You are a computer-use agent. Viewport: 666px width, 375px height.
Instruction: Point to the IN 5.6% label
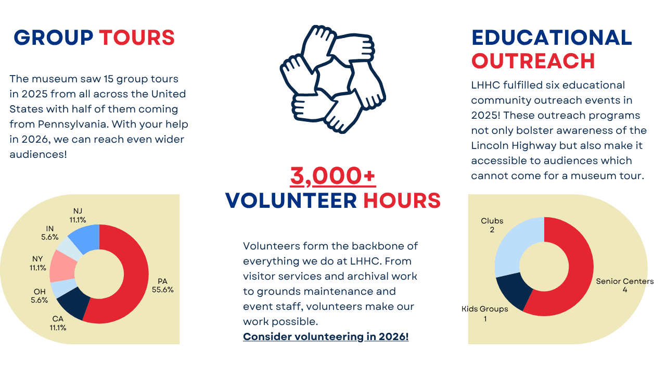pos(49,233)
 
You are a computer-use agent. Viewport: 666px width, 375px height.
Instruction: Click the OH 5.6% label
pos(39,295)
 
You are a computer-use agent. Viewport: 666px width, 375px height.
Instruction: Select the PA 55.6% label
pos(163,285)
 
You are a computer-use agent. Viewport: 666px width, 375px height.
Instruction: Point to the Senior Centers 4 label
pos(625,285)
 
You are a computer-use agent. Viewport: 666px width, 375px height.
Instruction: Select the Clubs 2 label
pos(492,225)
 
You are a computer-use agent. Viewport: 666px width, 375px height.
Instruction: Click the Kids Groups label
pos(484,309)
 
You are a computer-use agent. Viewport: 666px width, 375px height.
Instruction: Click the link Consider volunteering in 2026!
pos(326,336)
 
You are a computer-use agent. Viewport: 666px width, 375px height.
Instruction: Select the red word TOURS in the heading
pos(137,38)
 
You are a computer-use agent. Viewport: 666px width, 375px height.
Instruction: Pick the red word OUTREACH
pos(533,61)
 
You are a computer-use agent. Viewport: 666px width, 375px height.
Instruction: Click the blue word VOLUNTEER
pos(291,201)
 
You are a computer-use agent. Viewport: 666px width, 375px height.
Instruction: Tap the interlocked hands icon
pos(333,79)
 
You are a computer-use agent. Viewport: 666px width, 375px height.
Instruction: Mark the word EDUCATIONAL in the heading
pos(552,37)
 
